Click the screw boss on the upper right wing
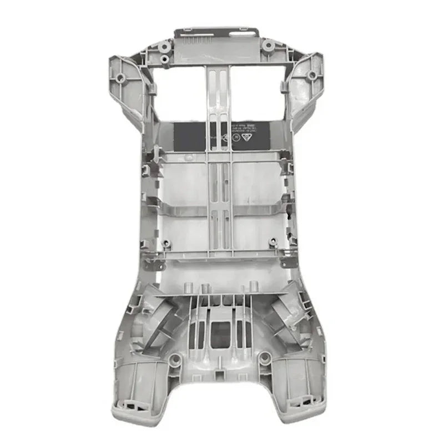(312, 75)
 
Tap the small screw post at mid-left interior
(165, 243)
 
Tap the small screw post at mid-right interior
(272, 242)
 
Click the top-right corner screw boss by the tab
(268, 44)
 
